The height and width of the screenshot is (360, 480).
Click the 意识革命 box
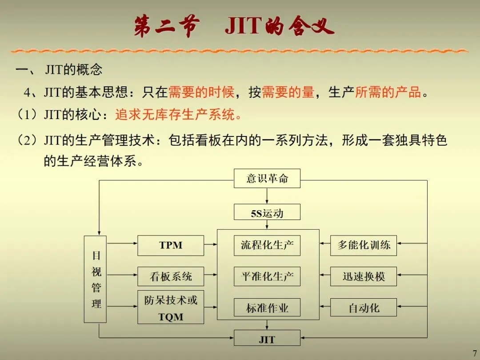tap(267, 179)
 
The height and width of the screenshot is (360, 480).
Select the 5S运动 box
tap(267, 212)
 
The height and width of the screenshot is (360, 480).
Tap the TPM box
tap(171, 245)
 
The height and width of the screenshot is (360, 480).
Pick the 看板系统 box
tap(171, 276)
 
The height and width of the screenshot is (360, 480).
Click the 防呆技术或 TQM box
tap(171, 307)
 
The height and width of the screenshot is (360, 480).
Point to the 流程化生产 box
tap(267, 245)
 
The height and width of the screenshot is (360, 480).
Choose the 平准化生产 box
tap(267, 276)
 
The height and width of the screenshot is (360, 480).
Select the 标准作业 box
tap(267, 308)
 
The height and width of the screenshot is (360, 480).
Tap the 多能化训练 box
tap(363, 245)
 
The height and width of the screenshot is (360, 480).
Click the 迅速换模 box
tap(363, 276)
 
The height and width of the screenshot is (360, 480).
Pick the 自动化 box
tap(363, 308)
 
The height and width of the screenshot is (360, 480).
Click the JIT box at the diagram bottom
tap(267, 339)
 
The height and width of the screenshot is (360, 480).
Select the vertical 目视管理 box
tap(95, 279)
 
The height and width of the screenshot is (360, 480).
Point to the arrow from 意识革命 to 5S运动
tap(267, 196)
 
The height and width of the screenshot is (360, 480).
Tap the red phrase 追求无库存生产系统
tap(179, 115)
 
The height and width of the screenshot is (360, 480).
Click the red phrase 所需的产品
tap(388, 92)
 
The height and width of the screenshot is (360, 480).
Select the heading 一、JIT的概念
tap(59, 70)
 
